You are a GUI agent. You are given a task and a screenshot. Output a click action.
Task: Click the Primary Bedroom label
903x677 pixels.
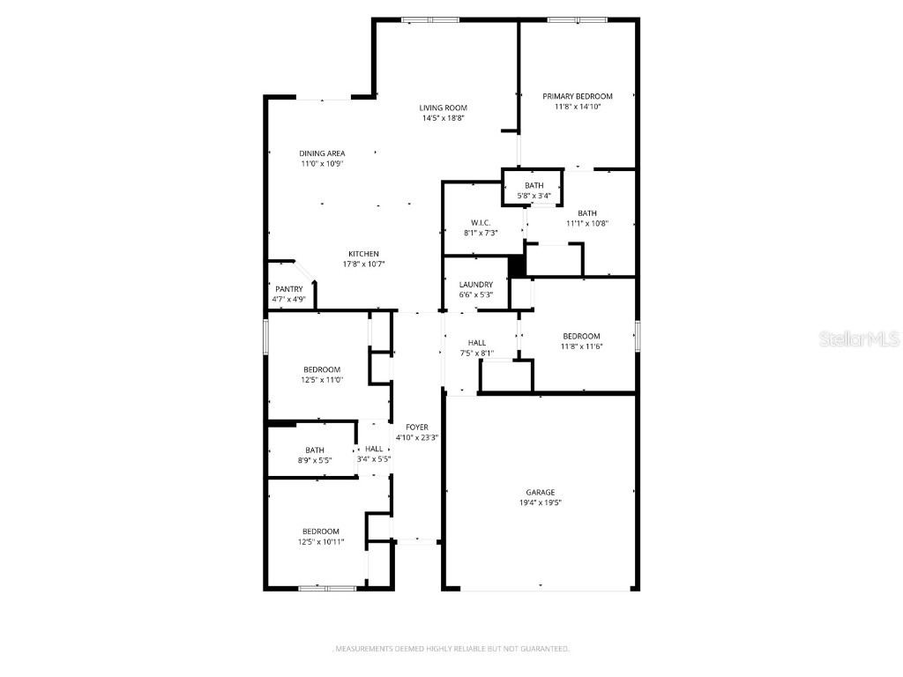578,96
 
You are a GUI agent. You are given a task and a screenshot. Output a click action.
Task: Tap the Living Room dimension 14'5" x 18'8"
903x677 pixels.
444,118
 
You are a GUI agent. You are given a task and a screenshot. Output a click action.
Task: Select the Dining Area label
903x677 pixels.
322,153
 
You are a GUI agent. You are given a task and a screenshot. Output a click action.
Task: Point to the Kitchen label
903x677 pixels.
363,254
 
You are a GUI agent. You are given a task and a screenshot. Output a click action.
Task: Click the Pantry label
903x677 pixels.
289,289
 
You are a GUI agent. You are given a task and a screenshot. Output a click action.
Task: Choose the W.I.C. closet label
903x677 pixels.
481,223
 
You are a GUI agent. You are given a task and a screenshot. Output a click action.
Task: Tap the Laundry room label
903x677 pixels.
476,285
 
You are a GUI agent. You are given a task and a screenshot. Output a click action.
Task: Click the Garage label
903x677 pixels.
541,492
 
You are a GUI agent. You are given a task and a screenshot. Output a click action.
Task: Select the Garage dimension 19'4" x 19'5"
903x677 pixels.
541,502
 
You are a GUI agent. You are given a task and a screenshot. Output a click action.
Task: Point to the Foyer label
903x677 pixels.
417,428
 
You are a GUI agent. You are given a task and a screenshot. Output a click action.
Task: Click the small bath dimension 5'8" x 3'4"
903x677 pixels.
534,196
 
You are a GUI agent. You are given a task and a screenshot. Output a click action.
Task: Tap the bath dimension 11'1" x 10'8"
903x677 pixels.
587,223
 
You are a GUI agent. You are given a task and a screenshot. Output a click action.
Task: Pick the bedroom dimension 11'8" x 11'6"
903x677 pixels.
582,346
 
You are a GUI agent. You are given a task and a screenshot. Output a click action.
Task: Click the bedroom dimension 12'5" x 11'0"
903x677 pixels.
322,380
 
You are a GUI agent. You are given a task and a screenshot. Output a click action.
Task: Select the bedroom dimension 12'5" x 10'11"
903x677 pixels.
321,542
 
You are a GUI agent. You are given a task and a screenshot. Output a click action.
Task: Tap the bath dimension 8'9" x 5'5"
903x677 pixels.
315,460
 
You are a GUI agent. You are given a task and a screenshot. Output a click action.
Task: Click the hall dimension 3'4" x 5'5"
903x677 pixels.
374,459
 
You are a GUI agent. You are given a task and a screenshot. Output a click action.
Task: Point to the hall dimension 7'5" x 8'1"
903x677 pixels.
477,353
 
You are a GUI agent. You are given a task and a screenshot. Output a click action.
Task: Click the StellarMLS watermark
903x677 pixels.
859,338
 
